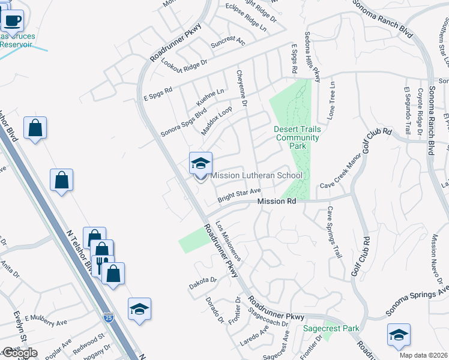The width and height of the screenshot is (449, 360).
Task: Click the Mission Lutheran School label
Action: point(256,175)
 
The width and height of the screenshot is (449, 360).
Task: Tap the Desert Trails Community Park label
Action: point(298,137)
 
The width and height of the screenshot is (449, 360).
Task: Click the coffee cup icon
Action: point(11,22)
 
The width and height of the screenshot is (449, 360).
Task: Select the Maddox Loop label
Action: point(216,121)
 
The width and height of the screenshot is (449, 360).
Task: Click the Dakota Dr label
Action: point(202,280)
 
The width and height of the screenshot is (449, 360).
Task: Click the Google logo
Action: point(19,352)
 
